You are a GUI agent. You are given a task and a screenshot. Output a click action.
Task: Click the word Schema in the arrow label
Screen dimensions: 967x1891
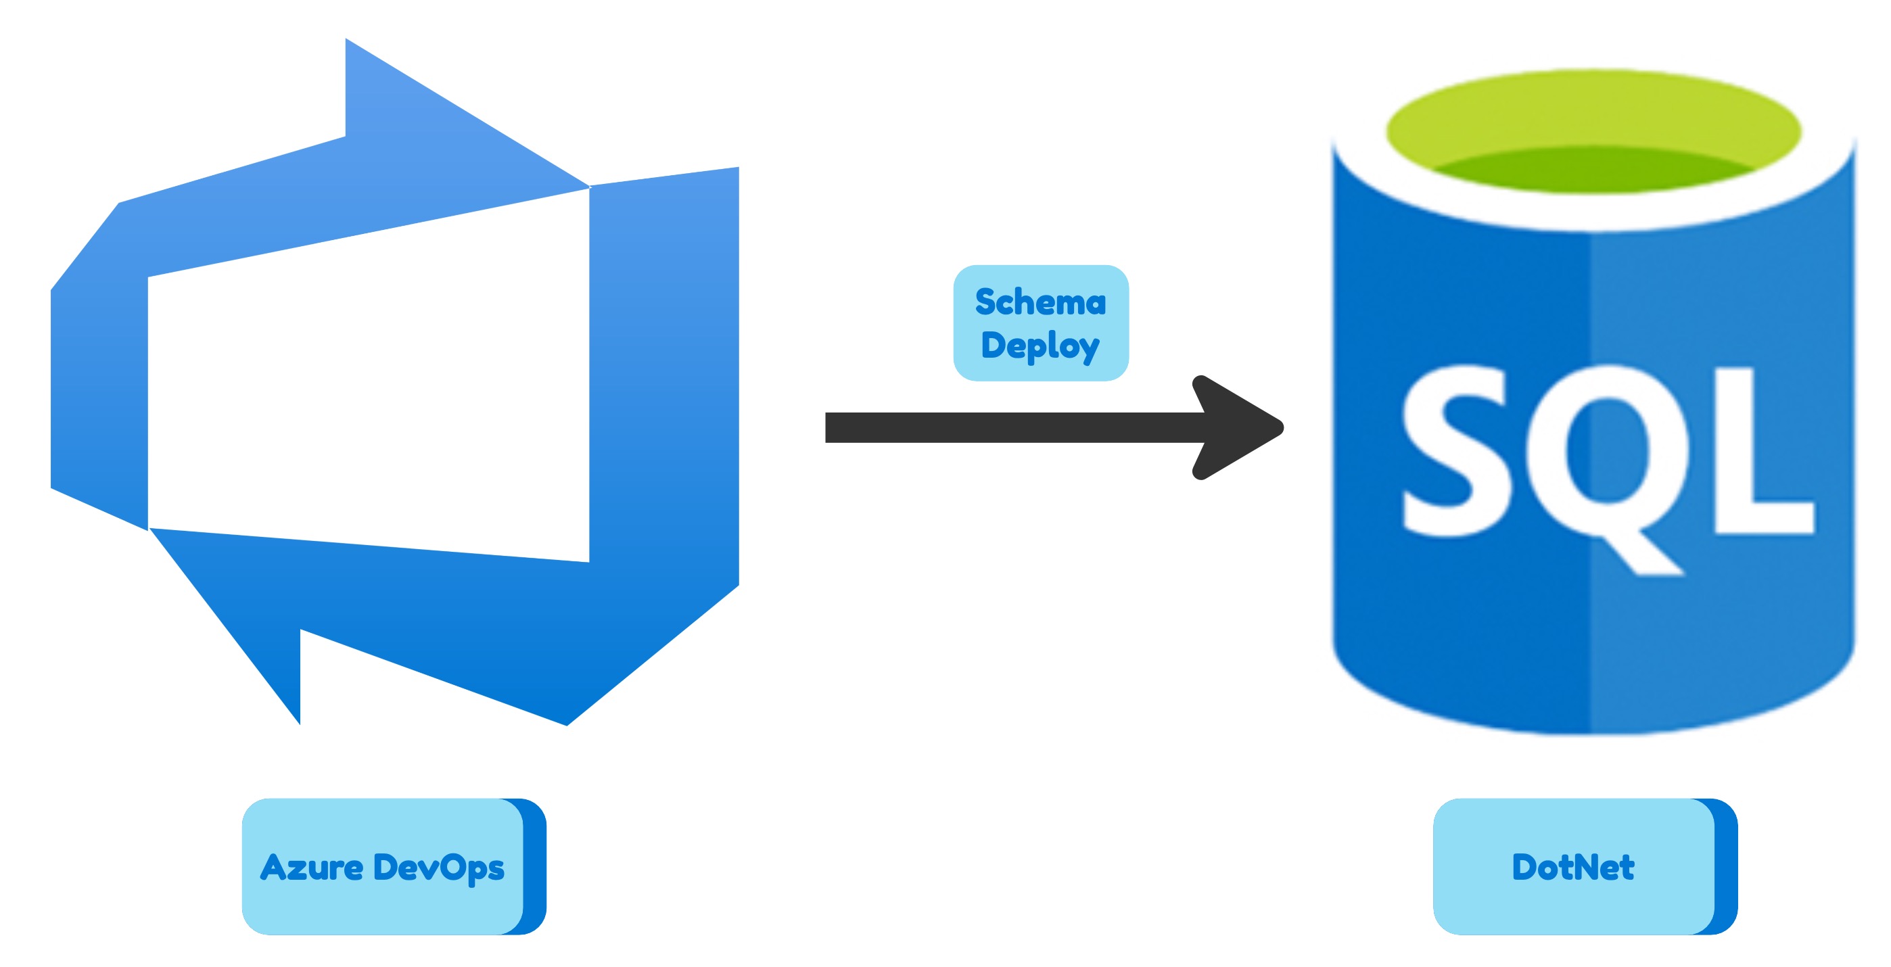point(1040,302)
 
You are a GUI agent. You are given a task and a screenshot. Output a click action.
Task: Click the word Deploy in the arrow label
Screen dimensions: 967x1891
point(1040,345)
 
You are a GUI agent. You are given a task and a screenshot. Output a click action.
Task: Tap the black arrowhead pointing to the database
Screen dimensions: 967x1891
point(1240,427)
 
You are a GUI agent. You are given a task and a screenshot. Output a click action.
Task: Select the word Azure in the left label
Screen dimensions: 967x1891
point(311,867)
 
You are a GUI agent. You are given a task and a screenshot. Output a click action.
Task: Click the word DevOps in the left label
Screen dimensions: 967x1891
point(438,867)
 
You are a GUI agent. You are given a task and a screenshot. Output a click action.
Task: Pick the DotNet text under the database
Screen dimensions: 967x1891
point(1572,867)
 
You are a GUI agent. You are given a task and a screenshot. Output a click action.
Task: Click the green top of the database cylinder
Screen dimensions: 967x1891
point(1593,132)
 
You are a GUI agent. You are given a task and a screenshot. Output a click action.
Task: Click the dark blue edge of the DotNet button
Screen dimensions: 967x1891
point(1727,866)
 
